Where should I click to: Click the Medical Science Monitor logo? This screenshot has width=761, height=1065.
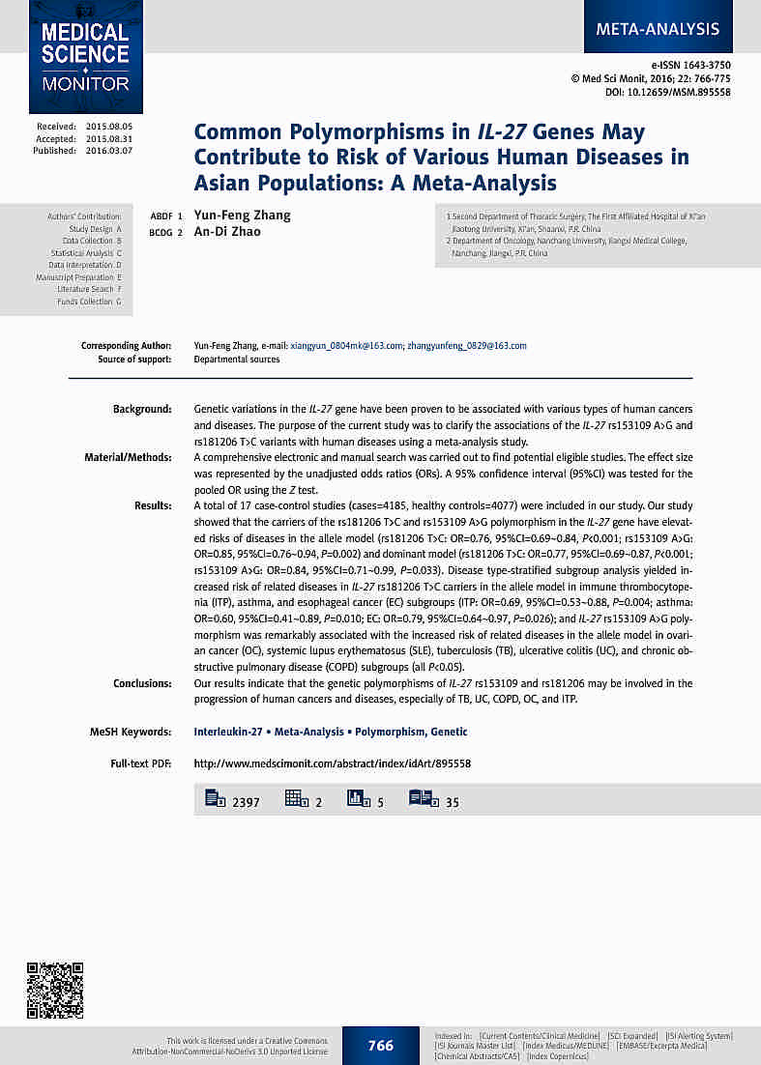[x=85, y=56]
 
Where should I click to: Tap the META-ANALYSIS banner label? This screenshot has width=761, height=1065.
[x=658, y=28]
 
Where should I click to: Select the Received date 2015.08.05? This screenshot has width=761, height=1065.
[x=108, y=127]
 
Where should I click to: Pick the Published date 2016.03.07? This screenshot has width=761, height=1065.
[x=108, y=151]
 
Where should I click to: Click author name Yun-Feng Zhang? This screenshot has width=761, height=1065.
[x=243, y=216]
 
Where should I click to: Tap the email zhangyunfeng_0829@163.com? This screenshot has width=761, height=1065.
[x=467, y=346]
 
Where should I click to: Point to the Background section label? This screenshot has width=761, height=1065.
[x=142, y=410]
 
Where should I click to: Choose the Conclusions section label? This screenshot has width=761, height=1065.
[x=141, y=683]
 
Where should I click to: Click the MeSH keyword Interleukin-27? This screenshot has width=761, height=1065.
[x=231, y=733]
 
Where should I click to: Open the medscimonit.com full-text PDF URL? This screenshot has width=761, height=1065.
[x=332, y=763]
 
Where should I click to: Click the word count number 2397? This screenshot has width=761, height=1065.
[x=246, y=802]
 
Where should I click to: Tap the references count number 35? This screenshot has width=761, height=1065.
[x=453, y=802]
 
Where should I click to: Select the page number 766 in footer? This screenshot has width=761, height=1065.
[x=381, y=1046]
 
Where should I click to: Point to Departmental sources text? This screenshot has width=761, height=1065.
[x=237, y=360]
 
